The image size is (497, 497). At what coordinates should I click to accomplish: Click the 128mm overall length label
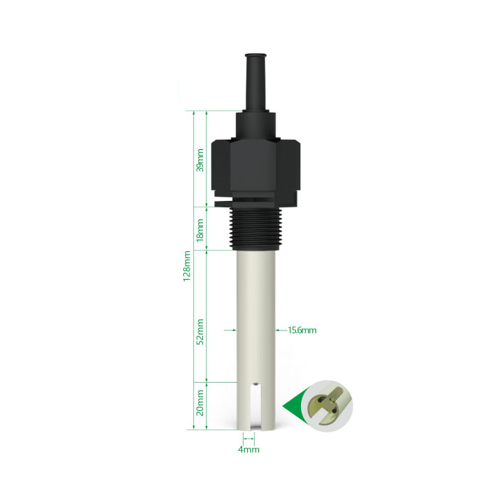pyautogui.click(x=187, y=266)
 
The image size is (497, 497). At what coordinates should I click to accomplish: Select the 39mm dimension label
pyautogui.click(x=200, y=160)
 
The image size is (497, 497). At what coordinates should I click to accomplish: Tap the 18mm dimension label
pyautogui.click(x=200, y=230)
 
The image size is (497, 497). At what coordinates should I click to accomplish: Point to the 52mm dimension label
pyautogui.click(x=200, y=332)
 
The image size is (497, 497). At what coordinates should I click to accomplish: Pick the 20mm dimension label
pyautogui.click(x=200, y=403)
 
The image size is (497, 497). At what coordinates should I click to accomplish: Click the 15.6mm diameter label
pyautogui.click(x=302, y=330)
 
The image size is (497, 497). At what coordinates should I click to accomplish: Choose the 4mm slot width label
pyautogui.click(x=248, y=449)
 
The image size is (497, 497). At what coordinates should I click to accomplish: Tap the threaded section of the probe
pyautogui.click(x=256, y=229)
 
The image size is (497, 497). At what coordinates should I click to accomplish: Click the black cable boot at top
pyautogui.click(x=256, y=82)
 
